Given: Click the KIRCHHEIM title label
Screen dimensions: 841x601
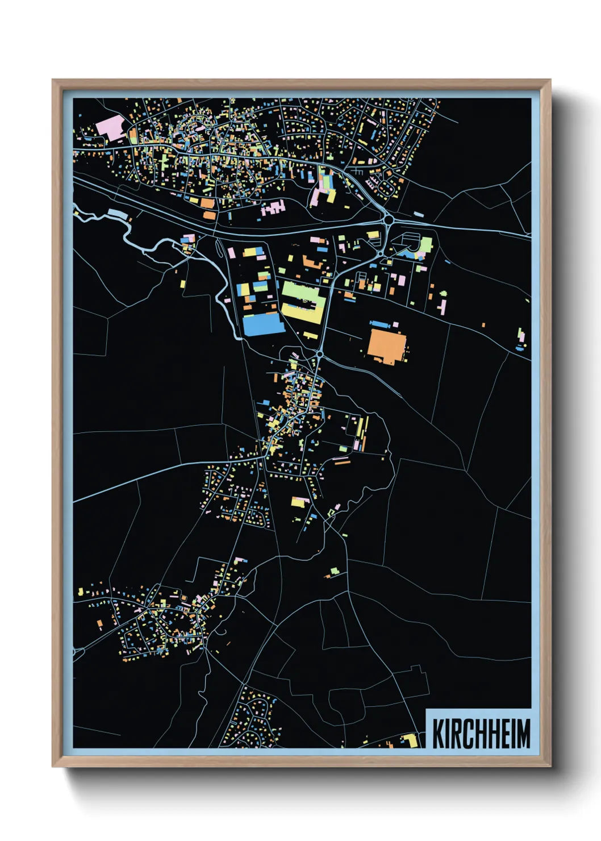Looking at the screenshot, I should click(x=481, y=733).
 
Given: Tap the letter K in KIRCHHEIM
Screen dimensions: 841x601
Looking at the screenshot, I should click(x=439, y=734).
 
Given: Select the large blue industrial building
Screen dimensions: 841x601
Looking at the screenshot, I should click(x=262, y=324).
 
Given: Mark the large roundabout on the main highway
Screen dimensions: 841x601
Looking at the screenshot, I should click(x=389, y=219).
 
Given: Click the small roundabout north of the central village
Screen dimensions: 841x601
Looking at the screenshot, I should click(x=320, y=354).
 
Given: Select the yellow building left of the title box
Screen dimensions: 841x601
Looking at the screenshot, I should click(x=410, y=740).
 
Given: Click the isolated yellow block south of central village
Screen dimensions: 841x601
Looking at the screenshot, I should click(x=299, y=502).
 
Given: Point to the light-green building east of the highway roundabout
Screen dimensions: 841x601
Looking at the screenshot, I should click(x=425, y=245).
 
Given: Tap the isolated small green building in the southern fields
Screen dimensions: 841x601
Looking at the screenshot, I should click(x=334, y=570).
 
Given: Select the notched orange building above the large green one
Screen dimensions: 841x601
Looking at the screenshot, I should click(x=311, y=263).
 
